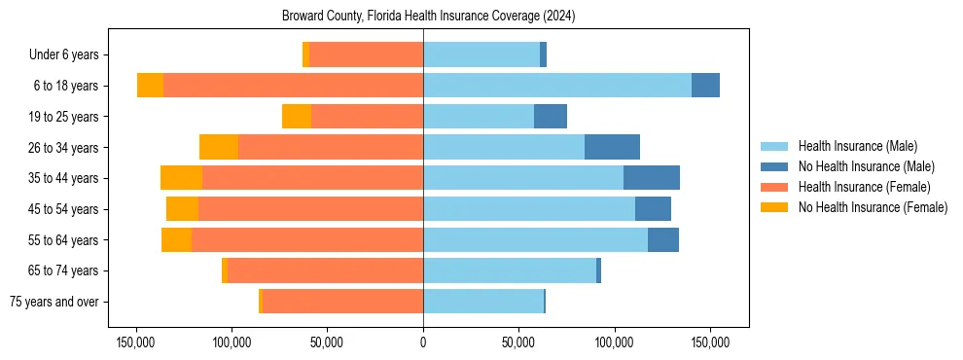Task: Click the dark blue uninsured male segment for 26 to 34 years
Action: [x=612, y=147]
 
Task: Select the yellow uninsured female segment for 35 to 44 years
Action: [x=181, y=178]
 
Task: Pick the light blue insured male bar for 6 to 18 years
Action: [x=556, y=86]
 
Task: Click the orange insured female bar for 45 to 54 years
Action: [x=310, y=209]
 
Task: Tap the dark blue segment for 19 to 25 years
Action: [x=551, y=117]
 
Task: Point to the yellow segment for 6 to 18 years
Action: [x=150, y=86]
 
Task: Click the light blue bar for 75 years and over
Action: [x=483, y=302]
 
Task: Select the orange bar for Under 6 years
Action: [x=366, y=55]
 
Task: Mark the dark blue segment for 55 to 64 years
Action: [x=663, y=239]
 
